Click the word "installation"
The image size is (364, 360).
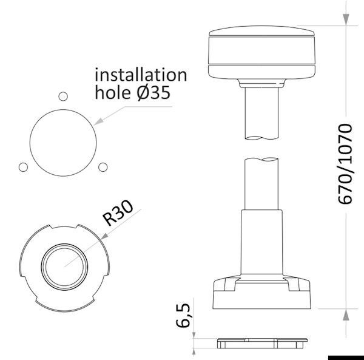(141, 75)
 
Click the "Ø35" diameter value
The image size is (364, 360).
(153, 93)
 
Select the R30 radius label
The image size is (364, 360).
(118, 212)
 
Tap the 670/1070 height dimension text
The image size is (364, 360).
(345, 164)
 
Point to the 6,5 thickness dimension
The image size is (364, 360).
(183, 316)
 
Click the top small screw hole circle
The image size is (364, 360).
(63, 96)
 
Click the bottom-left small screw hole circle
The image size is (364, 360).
(23, 167)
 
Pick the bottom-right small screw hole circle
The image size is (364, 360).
(103, 167)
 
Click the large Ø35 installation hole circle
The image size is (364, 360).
(30, 143)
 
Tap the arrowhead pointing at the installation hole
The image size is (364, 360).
(98, 122)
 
